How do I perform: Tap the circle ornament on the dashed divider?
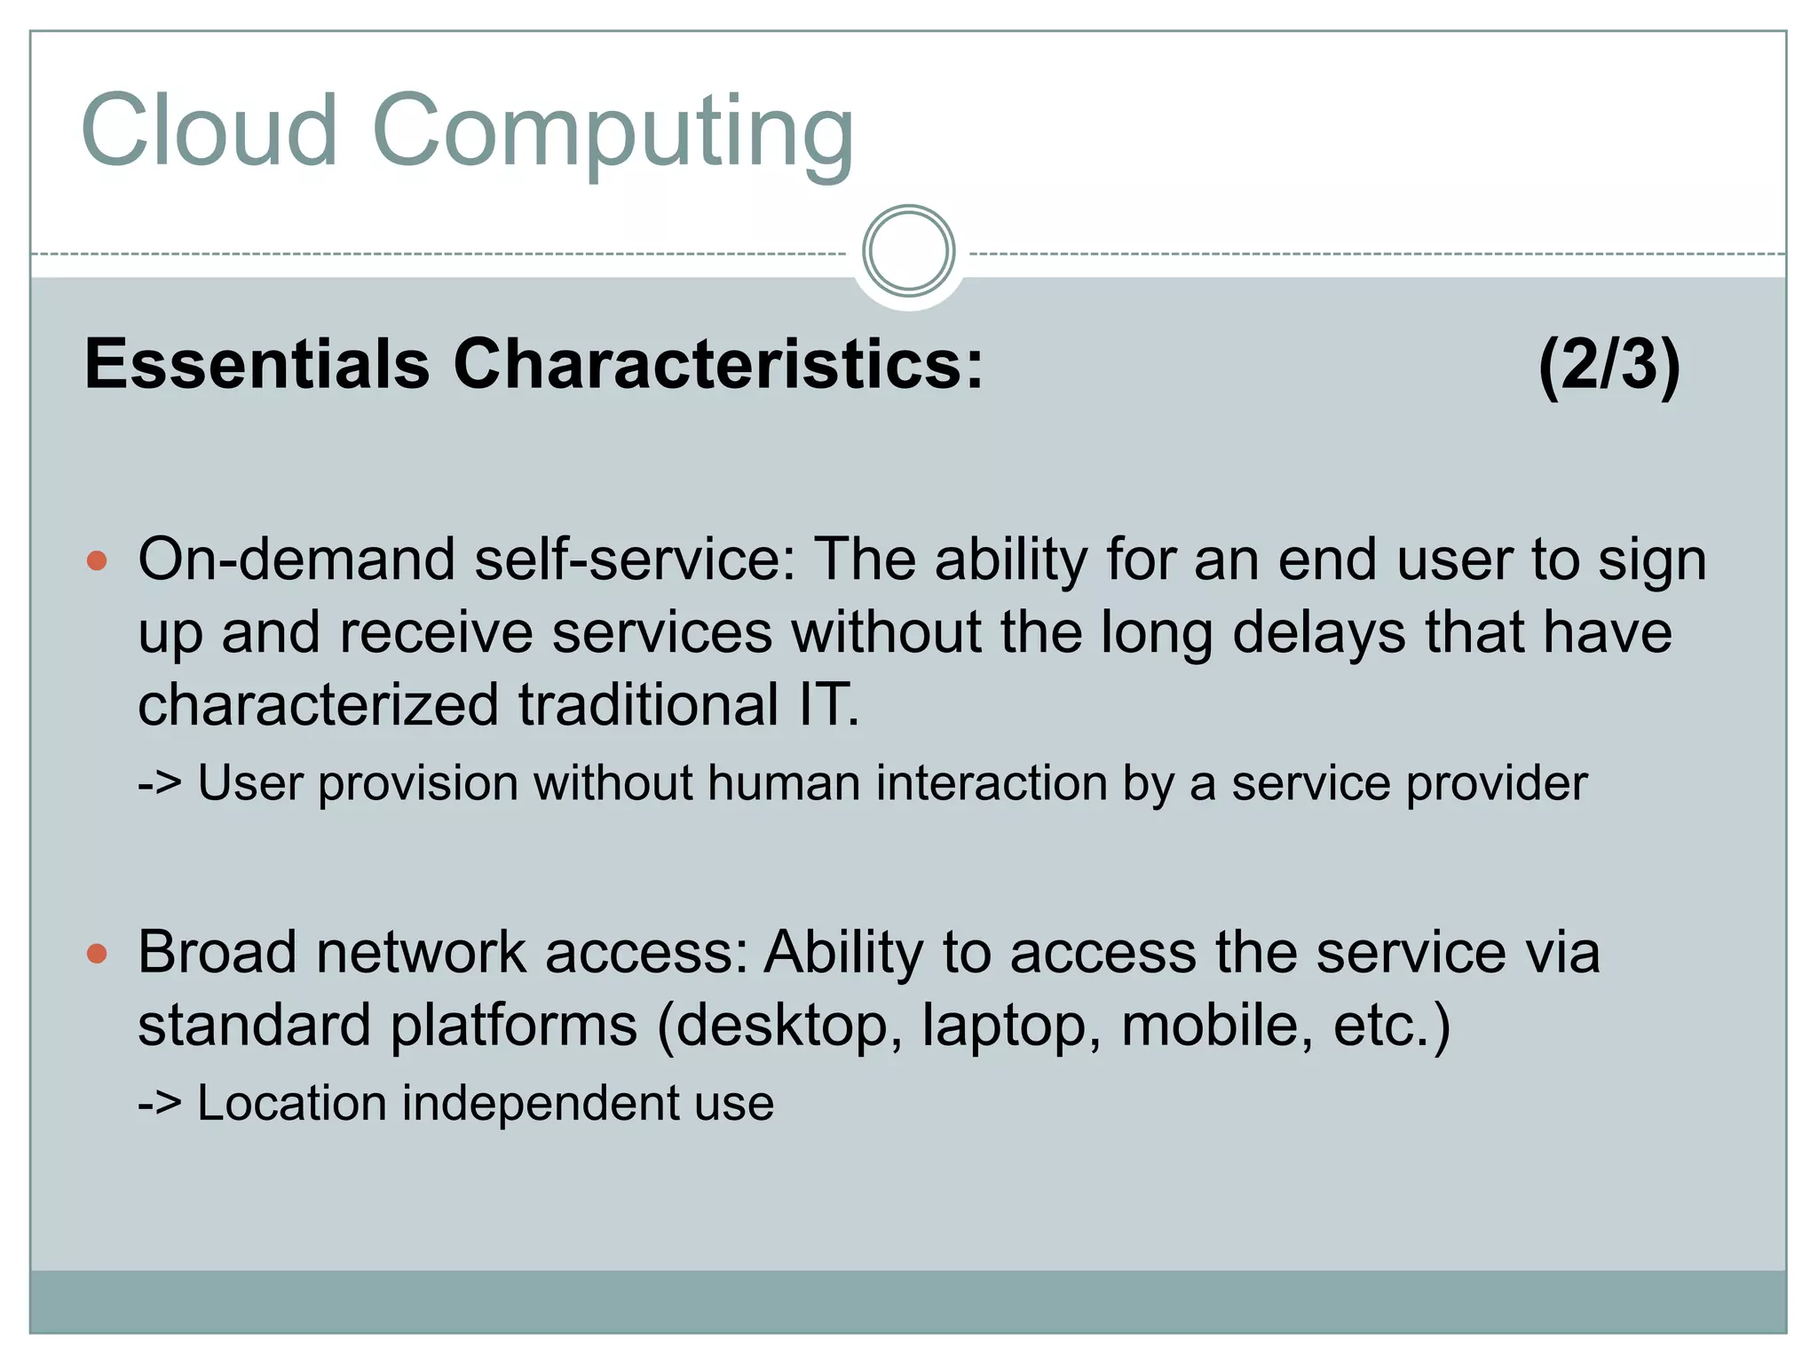click(x=908, y=251)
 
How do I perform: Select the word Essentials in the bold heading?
click(x=257, y=364)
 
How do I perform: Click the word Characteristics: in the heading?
click(x=718, y=364)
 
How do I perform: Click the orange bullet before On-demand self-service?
click(x=98, y=561)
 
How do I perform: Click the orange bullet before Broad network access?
click(x=98, y=955)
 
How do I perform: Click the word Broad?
click(x=217, y=953)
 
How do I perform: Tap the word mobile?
click(x=1217, y=1025)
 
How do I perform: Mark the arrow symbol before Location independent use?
click(x=160, y=1104)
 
